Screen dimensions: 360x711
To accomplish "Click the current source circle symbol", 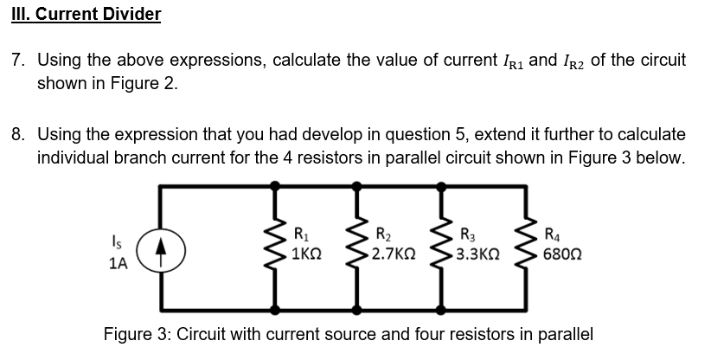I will click(x=159, y=247).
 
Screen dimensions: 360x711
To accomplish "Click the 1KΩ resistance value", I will click(x=309, y=255).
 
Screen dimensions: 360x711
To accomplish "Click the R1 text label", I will click(x=301, y=234).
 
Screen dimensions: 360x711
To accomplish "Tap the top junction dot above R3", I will click(x=443, y=185).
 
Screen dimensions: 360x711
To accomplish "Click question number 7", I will click(x=18, y=61).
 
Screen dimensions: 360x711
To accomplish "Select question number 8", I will click(x=18, y=136).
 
